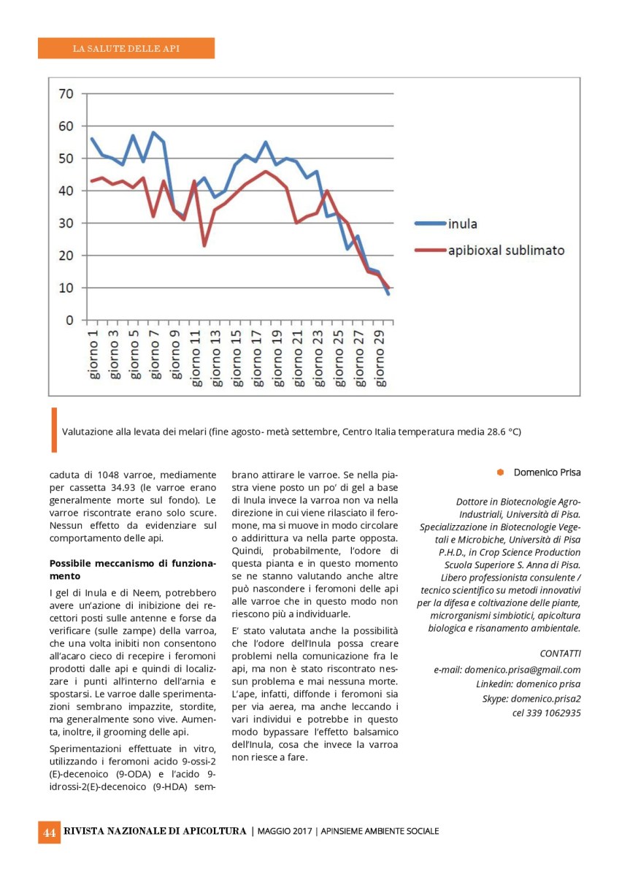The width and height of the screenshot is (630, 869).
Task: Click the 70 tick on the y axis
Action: [x=66, y=93]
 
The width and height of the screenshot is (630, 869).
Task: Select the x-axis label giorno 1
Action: [x=93, y=356]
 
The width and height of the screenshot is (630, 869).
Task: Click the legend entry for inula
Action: [x=463, y=223]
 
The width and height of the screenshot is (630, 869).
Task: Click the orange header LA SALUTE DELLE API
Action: [x=126, y=49]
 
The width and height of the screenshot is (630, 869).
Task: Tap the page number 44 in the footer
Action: [x=50, y=832]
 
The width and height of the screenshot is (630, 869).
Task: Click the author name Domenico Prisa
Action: [x=547, y=472]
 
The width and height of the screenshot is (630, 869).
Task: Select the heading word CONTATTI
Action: [x=560, y=653]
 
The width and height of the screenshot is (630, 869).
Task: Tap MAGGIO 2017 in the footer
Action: [x=285, y=832]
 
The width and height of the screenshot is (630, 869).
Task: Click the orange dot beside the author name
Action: [x=501, y=472]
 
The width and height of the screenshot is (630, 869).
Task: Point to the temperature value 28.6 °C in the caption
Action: [x=504, y=432]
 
